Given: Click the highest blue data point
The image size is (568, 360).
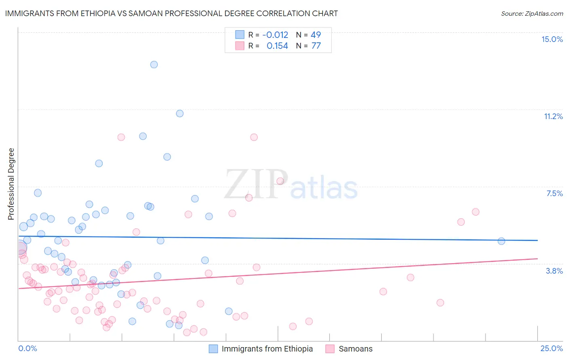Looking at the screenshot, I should point(154,65).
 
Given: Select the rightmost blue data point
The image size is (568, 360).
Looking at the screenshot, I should point(501,241).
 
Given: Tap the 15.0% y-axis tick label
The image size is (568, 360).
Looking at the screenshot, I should point(552,39).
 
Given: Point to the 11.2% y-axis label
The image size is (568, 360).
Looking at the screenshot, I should point(553,116).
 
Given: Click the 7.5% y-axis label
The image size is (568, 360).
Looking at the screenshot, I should point(554,193).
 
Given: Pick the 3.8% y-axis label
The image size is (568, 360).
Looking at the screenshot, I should point(554,271).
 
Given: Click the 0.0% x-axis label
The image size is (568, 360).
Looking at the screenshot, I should point(27,348).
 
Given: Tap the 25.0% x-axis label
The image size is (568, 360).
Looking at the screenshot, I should point(551,348).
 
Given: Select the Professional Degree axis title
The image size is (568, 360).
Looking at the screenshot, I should point(11,184).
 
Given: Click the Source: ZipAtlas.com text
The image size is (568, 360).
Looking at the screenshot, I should point(532,13).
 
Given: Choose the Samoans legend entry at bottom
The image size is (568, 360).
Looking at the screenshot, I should point(356,349).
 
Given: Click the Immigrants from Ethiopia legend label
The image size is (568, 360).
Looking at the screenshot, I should point(267,349).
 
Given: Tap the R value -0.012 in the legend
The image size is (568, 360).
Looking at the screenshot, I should point(275,35).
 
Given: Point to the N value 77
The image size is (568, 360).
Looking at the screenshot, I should point(316,46).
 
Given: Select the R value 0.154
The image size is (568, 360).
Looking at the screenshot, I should point(277,46).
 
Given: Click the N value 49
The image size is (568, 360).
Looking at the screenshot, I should point(316,35).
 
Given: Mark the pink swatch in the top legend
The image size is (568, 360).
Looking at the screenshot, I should point(240,46).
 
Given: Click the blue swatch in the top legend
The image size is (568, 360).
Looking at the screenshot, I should point(240,35).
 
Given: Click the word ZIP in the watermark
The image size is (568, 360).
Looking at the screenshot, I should point(256,184).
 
